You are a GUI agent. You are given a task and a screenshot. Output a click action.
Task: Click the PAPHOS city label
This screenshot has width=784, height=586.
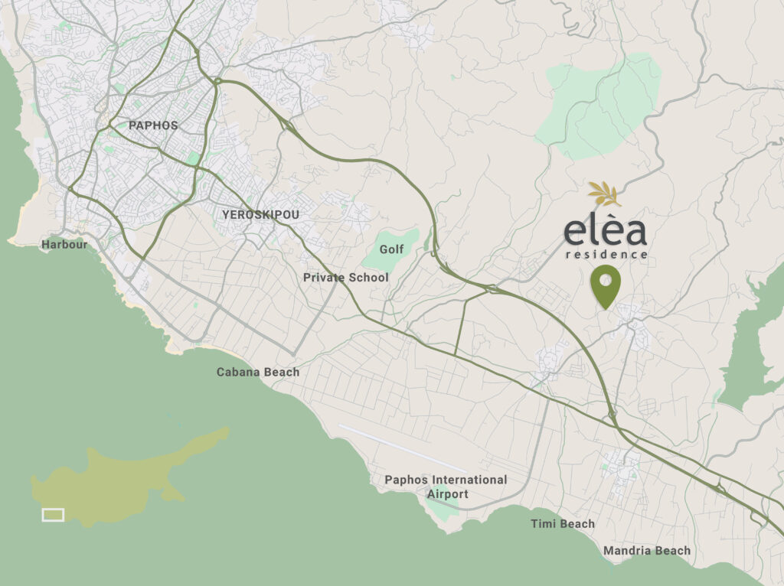tap(153, 125)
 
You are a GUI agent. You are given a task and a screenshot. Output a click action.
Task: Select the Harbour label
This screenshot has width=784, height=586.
tap(64, 245)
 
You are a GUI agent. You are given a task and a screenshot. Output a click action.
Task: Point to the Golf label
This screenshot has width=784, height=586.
tap(391, 249)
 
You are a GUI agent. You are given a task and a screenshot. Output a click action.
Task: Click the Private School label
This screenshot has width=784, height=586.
tap(345, 278)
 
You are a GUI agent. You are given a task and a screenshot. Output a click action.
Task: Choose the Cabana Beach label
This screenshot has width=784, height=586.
tap(258, 372)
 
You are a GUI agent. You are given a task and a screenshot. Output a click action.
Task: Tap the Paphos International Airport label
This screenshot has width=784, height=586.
tap(446, 487)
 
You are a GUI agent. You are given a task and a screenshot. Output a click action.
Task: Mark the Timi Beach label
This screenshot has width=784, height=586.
tap(563, 524)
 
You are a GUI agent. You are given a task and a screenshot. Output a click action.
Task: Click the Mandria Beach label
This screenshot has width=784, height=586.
tap(647, 550)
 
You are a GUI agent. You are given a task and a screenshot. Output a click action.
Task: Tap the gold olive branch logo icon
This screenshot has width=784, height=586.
tap(606, 194)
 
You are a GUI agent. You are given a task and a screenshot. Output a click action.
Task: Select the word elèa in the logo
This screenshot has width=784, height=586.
tap(606, 231)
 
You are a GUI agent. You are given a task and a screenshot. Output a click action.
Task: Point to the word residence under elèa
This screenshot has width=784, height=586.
tap(606, 254)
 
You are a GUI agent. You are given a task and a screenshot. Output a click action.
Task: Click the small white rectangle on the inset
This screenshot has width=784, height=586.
tap(53, 515)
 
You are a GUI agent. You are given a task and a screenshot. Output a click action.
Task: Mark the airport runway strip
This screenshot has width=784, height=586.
tap(401, 448)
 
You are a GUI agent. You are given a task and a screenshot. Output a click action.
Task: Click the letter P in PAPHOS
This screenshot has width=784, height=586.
tap(133, 125)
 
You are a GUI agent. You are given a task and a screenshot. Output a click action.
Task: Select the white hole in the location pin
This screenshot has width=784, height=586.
tap(606, 281)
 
